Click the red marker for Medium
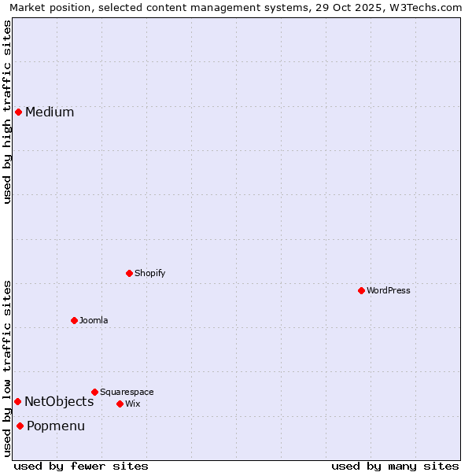click(x=18, y=112)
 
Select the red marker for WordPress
click(x=361, y=290)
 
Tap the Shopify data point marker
click(x=129, y=273)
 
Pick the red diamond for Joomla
click(x=74, y=320)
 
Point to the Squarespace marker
click(x=94, y=392)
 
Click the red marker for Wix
click(x=120, y=404)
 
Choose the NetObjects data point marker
click(x=17, y=401)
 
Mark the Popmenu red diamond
click(x=20, y=426)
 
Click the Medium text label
click(x=50, y=112)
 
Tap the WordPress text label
click(x=389, y=290)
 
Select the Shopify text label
click(x=149, y=273)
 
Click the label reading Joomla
click(x=94, y=320)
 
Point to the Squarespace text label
click(x=127, y=392)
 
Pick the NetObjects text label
click(x=59, y=401)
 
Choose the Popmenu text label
click(x=56, y=426)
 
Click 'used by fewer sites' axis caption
click(x=81, y=466)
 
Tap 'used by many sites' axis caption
click(x=395, y=466)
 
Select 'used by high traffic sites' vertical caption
click(x=7, y=112)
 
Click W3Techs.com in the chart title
click(x=428, y=7)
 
